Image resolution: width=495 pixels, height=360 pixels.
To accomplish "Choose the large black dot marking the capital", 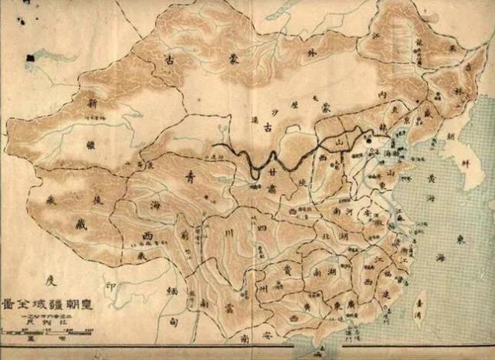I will [x=368, y=141].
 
